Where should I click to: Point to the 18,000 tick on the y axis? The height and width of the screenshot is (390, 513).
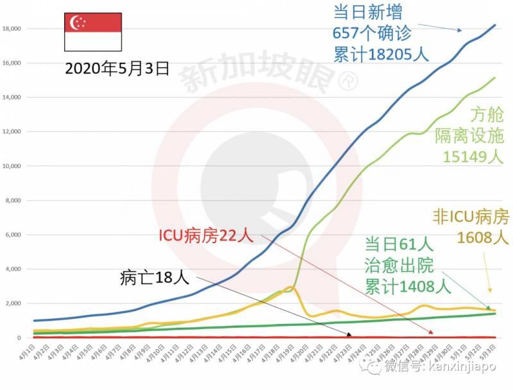[x=12, y=29]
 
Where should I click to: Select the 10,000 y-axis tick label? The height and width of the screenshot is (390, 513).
[x=12, y=166]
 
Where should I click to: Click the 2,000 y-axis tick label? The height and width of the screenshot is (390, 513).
[x=13, y=303]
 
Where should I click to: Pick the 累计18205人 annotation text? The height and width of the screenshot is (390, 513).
[x=381, y=54]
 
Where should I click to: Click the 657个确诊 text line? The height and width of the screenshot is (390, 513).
[x=371, y=33]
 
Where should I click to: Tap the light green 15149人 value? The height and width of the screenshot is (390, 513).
[x=473, y=157]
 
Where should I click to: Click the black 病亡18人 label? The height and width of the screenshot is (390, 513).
[x=154, y=278]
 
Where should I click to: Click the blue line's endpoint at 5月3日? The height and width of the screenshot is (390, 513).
[x=494, y=25]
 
